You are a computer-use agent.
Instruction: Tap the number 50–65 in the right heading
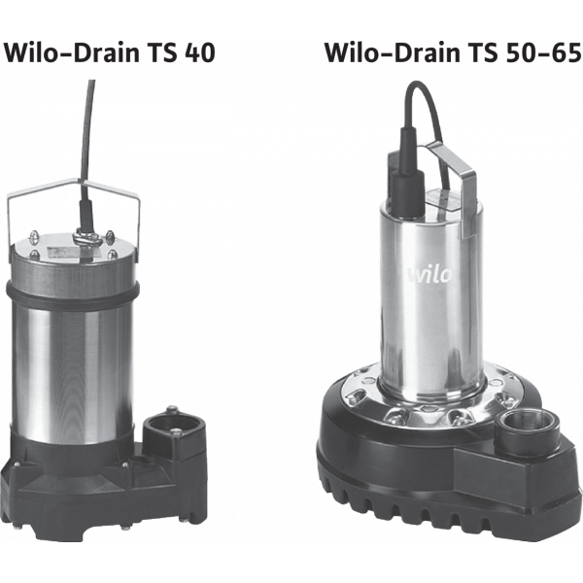tap(541, 52)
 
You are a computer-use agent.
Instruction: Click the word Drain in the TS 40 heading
tap(106, 52)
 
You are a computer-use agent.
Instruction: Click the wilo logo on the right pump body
tap(430, 274)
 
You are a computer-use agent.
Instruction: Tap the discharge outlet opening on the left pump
tap(173, 428)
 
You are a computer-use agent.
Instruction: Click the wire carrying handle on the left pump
tap(74, 208)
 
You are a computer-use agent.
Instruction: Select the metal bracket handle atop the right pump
tap(452, 186)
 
